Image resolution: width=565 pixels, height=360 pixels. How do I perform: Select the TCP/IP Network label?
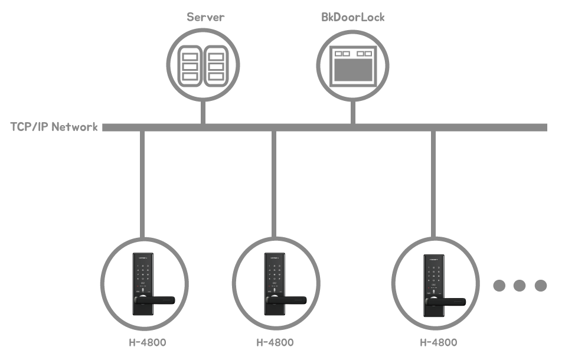54,127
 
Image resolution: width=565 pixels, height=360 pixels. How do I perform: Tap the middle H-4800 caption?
275,342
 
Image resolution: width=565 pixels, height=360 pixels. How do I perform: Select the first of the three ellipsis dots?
499,286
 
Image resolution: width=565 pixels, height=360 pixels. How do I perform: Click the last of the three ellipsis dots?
540,286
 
